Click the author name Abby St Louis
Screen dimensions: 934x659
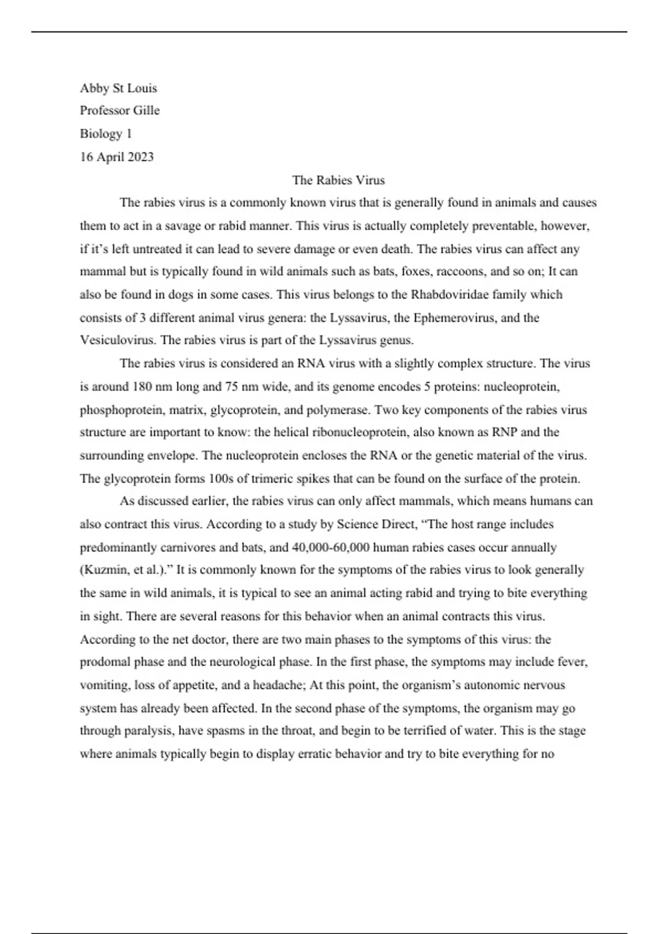tap(118, 88)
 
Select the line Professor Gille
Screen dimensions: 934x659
tap(120, 110)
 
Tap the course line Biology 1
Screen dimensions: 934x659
tap(105, 134)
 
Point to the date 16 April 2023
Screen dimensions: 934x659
tap(116, 157)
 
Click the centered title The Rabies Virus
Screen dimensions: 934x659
tap(338, 180)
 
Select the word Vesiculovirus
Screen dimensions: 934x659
tap(118, 340)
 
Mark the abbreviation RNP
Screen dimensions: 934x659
tap(504, 432)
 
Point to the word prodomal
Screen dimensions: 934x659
tap(104, 662)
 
